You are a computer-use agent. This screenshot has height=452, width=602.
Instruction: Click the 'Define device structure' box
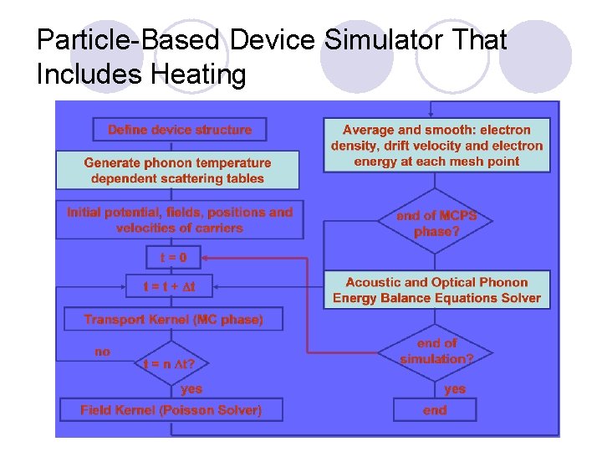179,130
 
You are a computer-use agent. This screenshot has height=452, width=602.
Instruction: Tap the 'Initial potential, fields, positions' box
180,220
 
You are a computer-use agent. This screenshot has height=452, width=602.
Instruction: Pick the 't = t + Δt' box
169,286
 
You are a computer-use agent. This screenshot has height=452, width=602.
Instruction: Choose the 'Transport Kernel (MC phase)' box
173,319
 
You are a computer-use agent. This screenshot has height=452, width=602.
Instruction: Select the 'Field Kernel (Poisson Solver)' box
171,410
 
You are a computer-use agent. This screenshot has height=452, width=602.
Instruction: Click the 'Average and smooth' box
436,145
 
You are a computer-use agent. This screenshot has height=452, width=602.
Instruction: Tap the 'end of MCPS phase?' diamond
436,223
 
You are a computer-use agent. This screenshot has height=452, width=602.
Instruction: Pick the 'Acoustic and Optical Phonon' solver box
436,290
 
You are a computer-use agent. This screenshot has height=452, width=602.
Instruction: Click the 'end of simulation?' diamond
436,351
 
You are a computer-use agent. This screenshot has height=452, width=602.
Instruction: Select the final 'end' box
435,410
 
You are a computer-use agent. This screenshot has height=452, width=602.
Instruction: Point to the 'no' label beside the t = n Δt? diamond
102,352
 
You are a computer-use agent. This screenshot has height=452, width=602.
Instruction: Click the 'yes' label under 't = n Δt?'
191,389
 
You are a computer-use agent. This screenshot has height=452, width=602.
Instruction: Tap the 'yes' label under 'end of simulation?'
455,389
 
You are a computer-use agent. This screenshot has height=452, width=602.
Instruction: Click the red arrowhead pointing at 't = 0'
206,258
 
